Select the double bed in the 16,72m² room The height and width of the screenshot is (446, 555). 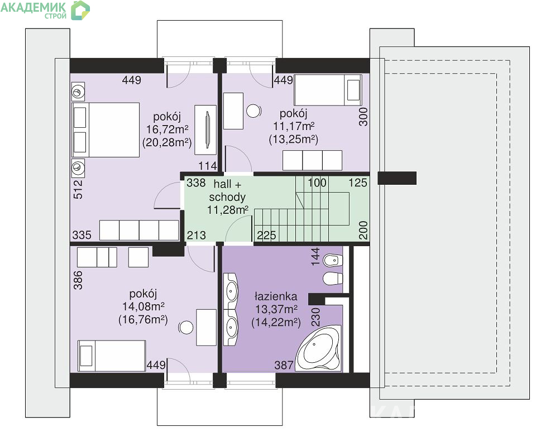click(106, 130)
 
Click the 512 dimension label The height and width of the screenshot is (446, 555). click(78, 189)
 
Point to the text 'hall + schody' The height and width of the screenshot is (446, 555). click(227, 190)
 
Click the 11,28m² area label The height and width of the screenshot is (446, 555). click(228, 210)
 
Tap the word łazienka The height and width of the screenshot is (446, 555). click(276, 296)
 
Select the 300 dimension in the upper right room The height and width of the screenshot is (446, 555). click(363, 117)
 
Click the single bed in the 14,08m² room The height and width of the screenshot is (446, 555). click(112, 356)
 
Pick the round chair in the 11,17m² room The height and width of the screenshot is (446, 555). click(254, 111)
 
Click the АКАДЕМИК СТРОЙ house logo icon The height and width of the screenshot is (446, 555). click(80, 10)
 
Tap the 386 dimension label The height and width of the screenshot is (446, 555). click(78, 280)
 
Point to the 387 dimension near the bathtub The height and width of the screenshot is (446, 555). click(284, 365)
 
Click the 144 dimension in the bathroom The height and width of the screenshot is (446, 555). click(315, 257)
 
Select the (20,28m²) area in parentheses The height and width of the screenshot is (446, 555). click(167, 143)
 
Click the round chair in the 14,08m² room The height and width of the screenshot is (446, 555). click(186, 328)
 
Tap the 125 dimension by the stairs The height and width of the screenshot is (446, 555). click(358, 183)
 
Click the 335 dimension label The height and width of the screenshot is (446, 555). click(82, 235)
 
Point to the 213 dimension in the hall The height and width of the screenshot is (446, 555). click(197, 235)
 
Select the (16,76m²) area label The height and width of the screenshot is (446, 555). click(143, 320)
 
